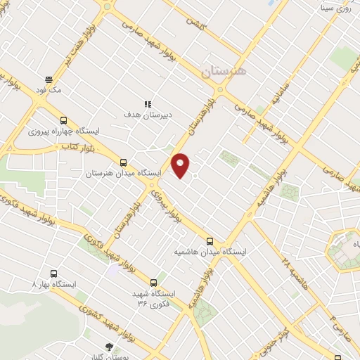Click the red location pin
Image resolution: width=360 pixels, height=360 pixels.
[181, 165]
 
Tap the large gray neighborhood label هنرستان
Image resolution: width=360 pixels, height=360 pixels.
[224, 72]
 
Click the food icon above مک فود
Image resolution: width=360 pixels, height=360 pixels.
[49, 79]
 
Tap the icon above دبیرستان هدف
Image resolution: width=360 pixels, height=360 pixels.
[148, 104]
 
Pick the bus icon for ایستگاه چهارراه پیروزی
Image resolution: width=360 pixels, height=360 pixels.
[64, 120]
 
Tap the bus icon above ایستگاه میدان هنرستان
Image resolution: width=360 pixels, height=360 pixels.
[124, 161]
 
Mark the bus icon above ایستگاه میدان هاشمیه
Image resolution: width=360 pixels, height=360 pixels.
[210, 240]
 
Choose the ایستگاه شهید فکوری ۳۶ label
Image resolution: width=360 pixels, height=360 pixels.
[153, 297]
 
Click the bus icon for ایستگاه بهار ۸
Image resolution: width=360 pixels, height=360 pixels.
[54, 274]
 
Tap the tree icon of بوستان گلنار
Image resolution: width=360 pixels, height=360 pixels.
[108, 346]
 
